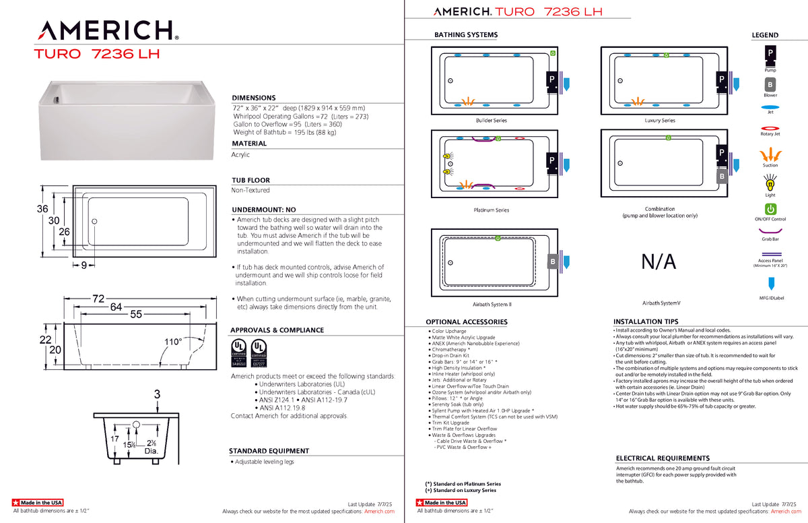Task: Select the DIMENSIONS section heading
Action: (254, 98)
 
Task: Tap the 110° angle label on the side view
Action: (174, 342)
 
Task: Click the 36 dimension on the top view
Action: (42, 210)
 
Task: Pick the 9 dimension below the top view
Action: (84, 266)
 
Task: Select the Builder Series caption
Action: (491, 121)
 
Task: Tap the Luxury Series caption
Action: (659, 121)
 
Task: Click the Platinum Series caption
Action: (491, 210)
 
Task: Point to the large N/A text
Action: (659, 262)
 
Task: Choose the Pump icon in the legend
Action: (770, 53)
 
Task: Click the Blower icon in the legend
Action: (770, 85)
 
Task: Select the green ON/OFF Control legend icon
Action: (770, 210)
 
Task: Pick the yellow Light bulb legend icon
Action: (770, 182)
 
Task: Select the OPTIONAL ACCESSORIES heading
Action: (467, 322)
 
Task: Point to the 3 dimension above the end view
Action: (157, 394)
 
